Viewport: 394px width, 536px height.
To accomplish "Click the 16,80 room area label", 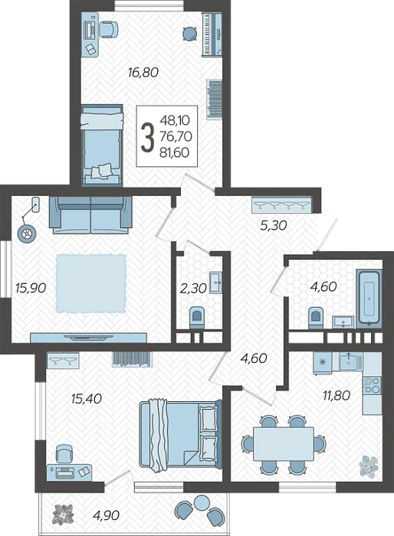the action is tap(143, 73).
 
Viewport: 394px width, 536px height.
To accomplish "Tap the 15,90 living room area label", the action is tap(31, 288).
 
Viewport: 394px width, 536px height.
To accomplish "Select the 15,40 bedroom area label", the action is tap(87, 398).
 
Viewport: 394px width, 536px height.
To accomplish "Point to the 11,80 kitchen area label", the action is tap(337, 396).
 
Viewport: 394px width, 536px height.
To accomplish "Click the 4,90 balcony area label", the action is tap(106, 515).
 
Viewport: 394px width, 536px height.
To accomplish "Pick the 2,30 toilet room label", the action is tap(193, 289).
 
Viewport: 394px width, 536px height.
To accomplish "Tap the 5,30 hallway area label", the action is tap(274, 226).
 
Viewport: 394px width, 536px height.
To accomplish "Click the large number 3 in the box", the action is tap(147, 137).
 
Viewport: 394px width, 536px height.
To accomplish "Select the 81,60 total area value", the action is tap(175, 152).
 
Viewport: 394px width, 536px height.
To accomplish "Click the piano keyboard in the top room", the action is tap(211, 34).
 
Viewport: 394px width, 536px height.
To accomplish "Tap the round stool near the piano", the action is tap(189, 34).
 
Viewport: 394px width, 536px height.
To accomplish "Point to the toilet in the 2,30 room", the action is tap(197, 317).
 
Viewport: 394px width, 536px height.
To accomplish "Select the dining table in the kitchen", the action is tap(284, 444).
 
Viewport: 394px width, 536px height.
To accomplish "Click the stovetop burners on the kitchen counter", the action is tap(372, 385).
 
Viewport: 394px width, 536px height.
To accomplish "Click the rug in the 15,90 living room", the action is tap(90, 283).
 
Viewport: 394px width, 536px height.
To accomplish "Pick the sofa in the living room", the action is tap(90, 215).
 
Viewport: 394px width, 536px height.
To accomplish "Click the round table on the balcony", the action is tap(202, 502).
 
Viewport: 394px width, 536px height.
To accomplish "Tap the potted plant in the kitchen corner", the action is tap(369, 466).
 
